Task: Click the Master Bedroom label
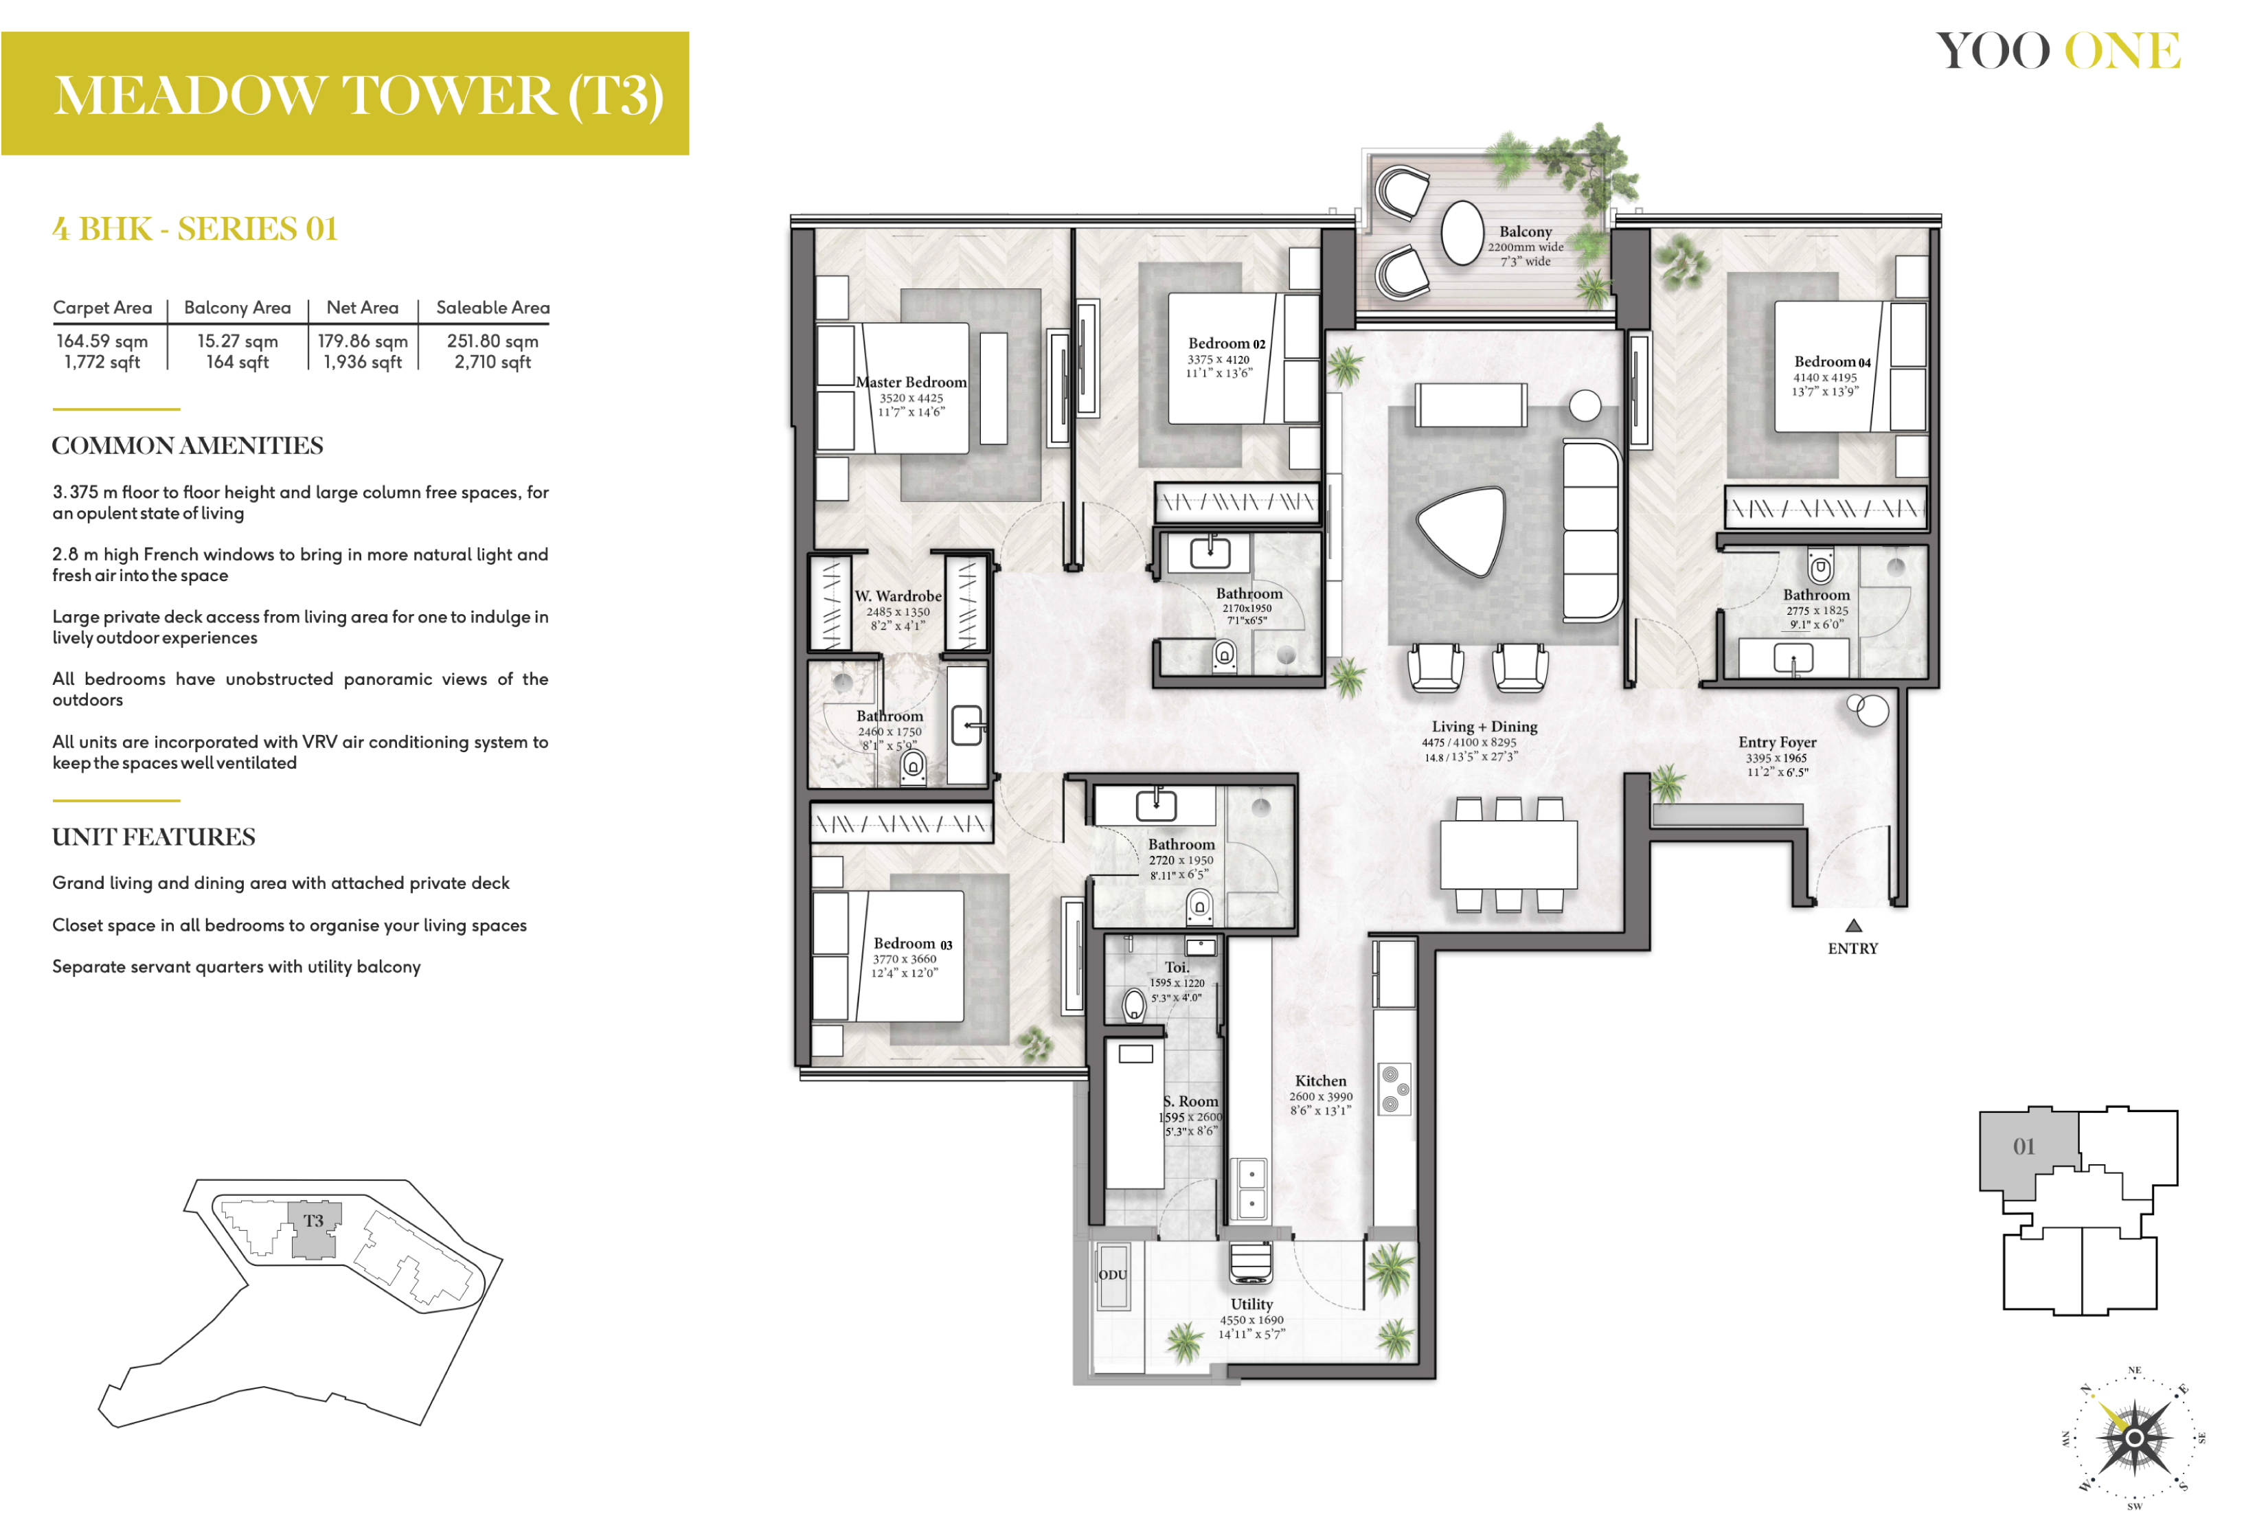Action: [911, 382]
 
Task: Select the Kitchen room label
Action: [1320, 1081]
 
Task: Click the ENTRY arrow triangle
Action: [1853, 925]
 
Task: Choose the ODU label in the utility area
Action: [1113, 1274]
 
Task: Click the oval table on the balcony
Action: [1462, 232]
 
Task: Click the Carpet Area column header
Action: [102, 308]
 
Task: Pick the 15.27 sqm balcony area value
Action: [238, 341]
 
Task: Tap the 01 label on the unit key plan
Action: [2024, 1146]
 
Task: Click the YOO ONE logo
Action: [2058, 50]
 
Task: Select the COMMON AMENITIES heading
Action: [188, 446]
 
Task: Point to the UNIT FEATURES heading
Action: [154, 837]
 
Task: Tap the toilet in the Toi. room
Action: [1135, 1004]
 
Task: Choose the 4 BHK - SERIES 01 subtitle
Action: [195, 229]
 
